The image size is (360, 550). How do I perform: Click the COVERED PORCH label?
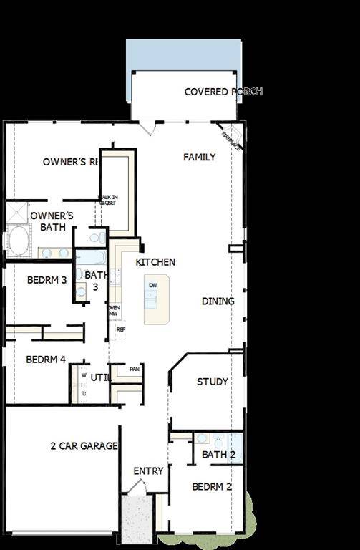pyautogui.click(x=223, y=92)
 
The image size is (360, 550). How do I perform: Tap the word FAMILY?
pyautogui.click(x=199, y=157)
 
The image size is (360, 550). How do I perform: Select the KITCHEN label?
pyautogui.click(x=155, y=262)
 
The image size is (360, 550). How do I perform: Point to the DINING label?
pyautogui.click(x=218, y=301)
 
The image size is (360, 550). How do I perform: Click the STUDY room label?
pyautogui.click(x=213, y=382)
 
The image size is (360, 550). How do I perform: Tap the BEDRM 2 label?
pyautogui.click(x=212, y=487)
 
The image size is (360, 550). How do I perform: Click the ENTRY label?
pyautogui.click(x=149, y=471)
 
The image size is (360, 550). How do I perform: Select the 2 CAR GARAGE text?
pyautogui.click(x=84, y=446)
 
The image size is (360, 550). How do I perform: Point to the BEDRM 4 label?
pyautogui.click(x=47, y=360)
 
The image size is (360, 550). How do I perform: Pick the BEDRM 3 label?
pyautogui.click(x=47, y=279)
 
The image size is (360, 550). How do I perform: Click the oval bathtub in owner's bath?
pyautogui.click(x=19, y=240)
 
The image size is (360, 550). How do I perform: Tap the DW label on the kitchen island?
pyautogui.click(x=152, y=286)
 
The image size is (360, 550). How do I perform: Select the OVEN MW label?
pyautogui.click(x=113, y=311)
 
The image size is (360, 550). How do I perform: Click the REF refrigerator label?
pyautogui.click(x=120, y=329)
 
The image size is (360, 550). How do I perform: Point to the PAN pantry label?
pyautogui.click(x=134, y=369)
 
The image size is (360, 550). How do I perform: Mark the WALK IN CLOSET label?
pyautogui.click(x=108, y=200)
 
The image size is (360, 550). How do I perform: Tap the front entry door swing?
pyautogui.click(x=136, y=488)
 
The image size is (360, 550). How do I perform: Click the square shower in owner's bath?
pyautogui.click(x=16, y=213)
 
